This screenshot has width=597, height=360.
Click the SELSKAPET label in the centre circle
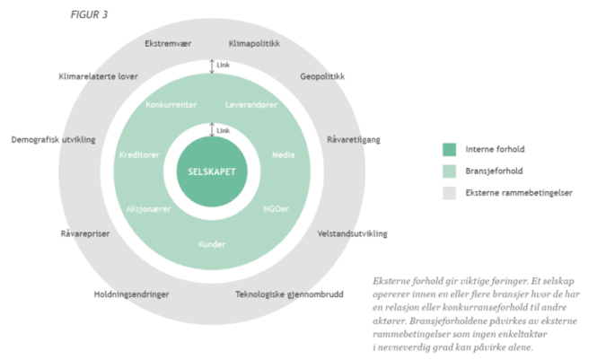tap(211, 171)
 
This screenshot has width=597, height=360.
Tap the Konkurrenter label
tap(171, 105)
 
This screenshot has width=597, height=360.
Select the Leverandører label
tap(251, 105)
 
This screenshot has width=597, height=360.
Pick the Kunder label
tap(212, 244)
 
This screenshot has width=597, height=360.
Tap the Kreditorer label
tap(138, 154)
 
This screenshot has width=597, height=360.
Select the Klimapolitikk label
tap(255, 43)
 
